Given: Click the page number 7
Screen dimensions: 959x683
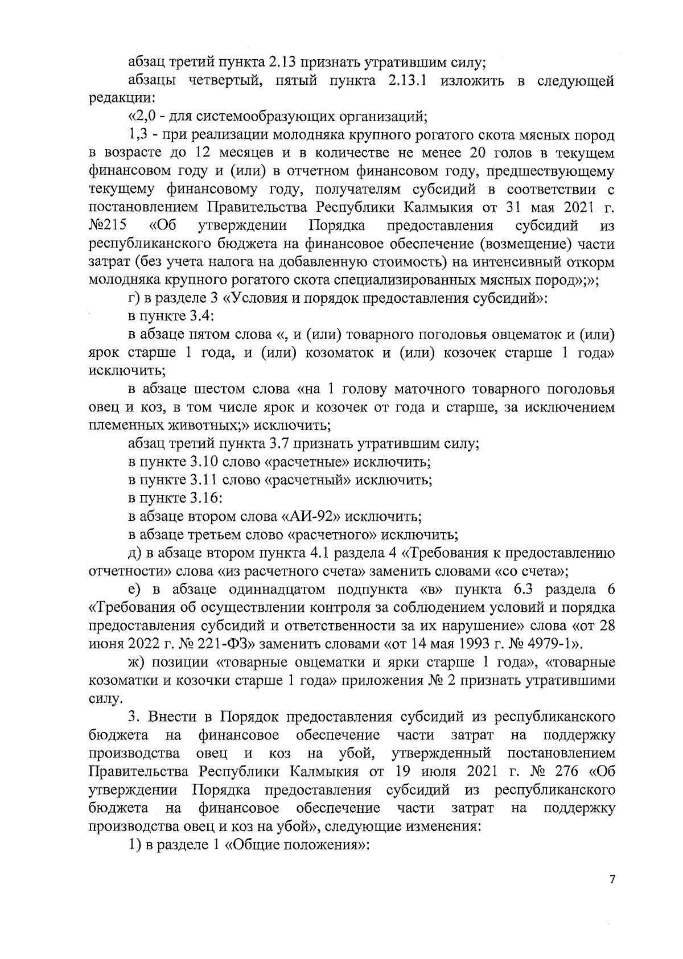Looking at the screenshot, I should [612, 895].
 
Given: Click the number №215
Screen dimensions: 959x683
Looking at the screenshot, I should [108, 225].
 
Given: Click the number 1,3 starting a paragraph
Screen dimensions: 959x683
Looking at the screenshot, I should [138, 135].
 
